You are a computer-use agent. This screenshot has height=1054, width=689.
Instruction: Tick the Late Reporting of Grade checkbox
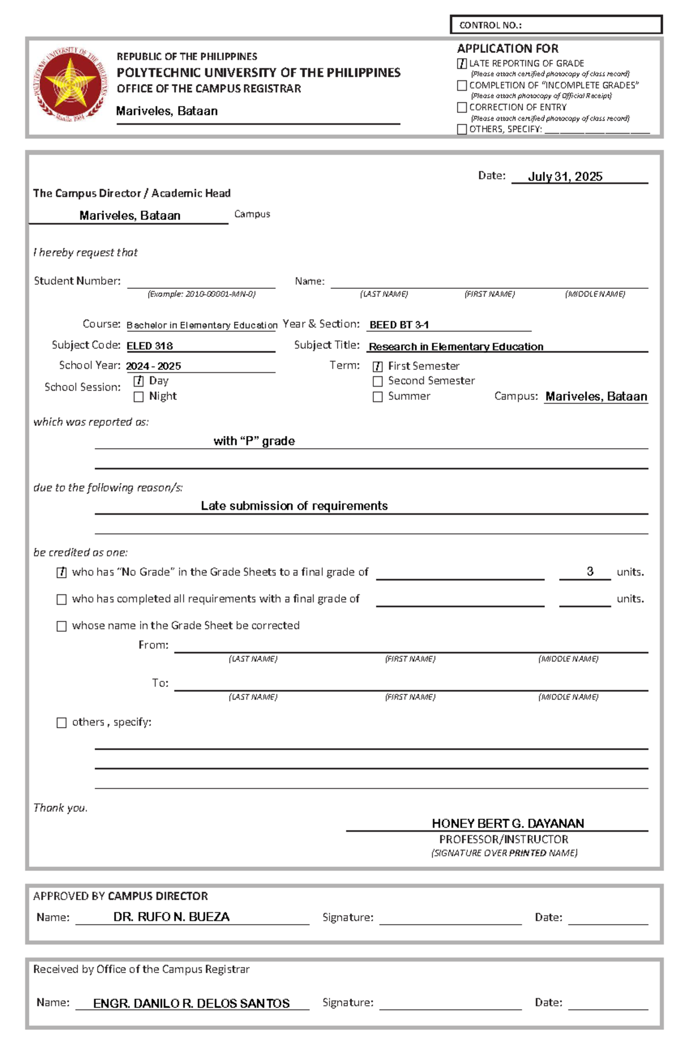[462, 64]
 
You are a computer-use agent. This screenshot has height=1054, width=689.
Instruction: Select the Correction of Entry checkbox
[462, 107]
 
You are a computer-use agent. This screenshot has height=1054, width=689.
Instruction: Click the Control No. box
[556, 25]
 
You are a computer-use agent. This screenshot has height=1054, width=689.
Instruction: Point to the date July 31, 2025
[565, 176]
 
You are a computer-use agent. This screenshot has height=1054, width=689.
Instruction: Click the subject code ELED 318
[150, 346]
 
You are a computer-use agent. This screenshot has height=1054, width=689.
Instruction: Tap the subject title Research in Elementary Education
[456, 346]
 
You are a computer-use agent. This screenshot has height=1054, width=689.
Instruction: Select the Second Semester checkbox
[378, 381]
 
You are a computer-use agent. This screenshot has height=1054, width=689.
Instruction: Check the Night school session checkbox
[138, 396]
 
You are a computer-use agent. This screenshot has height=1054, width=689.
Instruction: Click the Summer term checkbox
[378, 397]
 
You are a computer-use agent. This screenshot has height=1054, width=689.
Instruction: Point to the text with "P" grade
[254, 441]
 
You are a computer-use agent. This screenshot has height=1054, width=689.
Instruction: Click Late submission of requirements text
[294, 506]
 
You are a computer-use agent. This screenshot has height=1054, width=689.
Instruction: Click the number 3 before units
[590, 572]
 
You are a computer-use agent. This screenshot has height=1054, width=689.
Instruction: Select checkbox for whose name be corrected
[61, 626]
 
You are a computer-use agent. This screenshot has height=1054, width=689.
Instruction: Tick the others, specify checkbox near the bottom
[61, 723]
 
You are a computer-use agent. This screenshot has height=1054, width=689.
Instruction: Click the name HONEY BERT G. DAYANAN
[508, 823]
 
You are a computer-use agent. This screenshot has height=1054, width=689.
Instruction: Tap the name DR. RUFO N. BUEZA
[171, 917]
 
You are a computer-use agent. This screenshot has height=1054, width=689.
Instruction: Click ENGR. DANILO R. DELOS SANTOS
[191, 1003]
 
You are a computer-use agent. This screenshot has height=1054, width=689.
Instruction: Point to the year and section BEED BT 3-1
[399, 325]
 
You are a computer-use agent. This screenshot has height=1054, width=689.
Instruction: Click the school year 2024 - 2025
[153, 366]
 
